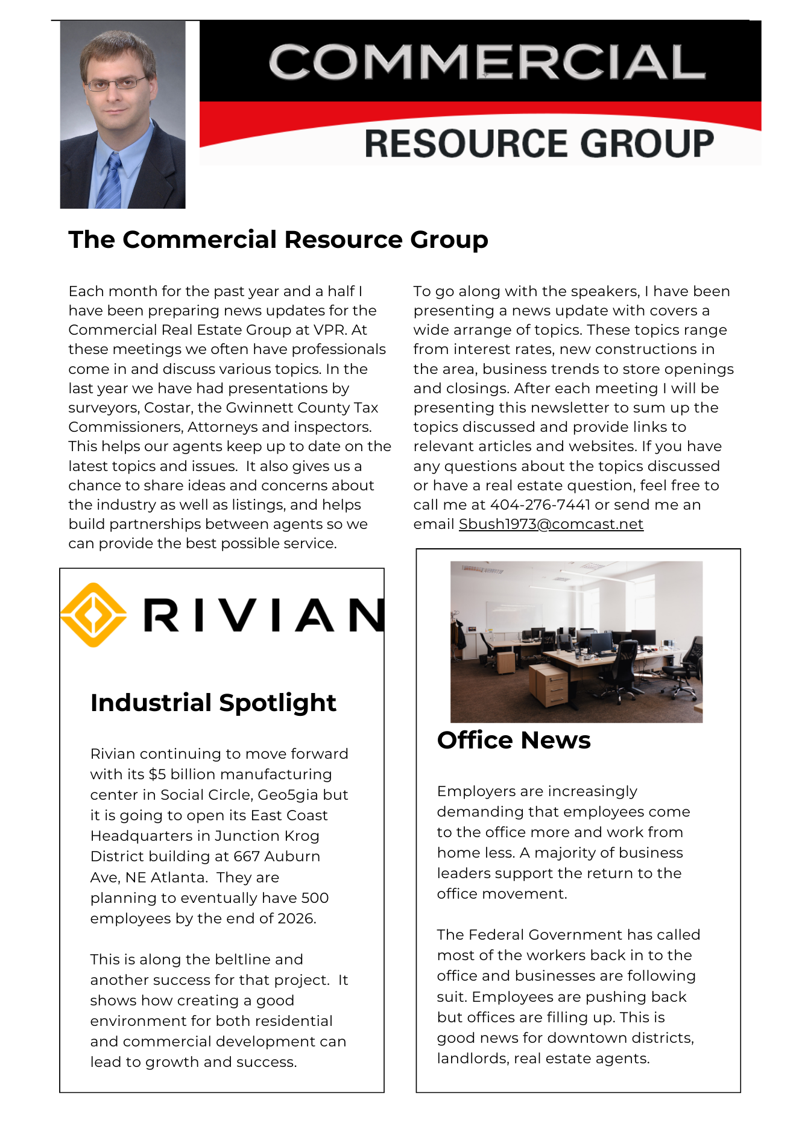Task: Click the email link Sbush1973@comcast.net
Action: (551, 524)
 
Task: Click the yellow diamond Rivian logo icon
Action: (93, 615)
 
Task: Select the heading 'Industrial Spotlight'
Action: (213, 703)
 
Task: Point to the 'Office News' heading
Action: (513, 740)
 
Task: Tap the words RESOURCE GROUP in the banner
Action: (538, 144)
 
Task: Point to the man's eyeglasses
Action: (116, 83)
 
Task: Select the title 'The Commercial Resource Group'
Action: (278, 239)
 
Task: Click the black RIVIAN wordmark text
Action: (263, 615)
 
